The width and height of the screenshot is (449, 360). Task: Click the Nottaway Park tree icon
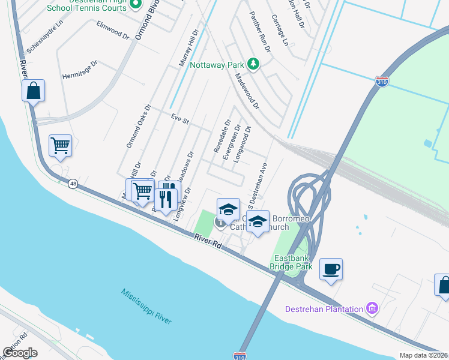point(253,64)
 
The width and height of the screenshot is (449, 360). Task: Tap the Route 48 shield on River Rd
point(73,184)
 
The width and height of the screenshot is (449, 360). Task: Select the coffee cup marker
point(331,268)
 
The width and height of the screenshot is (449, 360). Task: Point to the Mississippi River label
point(146,306)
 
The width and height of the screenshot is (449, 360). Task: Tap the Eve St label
point(179,119)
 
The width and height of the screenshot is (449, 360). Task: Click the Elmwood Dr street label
point(113,30)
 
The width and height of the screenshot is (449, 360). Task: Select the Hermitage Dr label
point(80,70)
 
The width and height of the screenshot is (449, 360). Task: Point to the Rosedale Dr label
point(221,136)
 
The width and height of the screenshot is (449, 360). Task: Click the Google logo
point(20,353)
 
